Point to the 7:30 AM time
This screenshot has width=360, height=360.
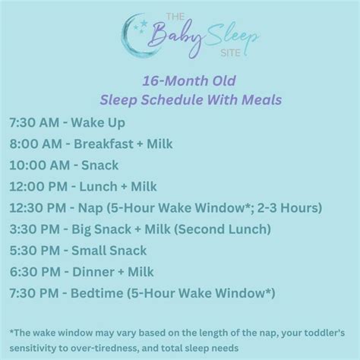pyautogui.click(x=35, y=122)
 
